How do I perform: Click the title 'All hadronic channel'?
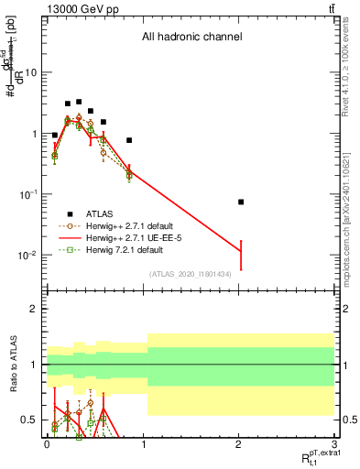tap(191, 38)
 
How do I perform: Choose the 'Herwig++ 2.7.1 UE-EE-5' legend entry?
tap(136, 237)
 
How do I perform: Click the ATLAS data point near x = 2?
tap(241, 202)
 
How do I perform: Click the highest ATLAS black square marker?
tap(79, 102)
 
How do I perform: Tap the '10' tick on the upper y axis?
tap(31, 72)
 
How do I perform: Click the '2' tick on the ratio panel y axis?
tap(34, 309)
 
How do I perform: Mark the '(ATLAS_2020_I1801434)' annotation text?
tap(191, 273)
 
